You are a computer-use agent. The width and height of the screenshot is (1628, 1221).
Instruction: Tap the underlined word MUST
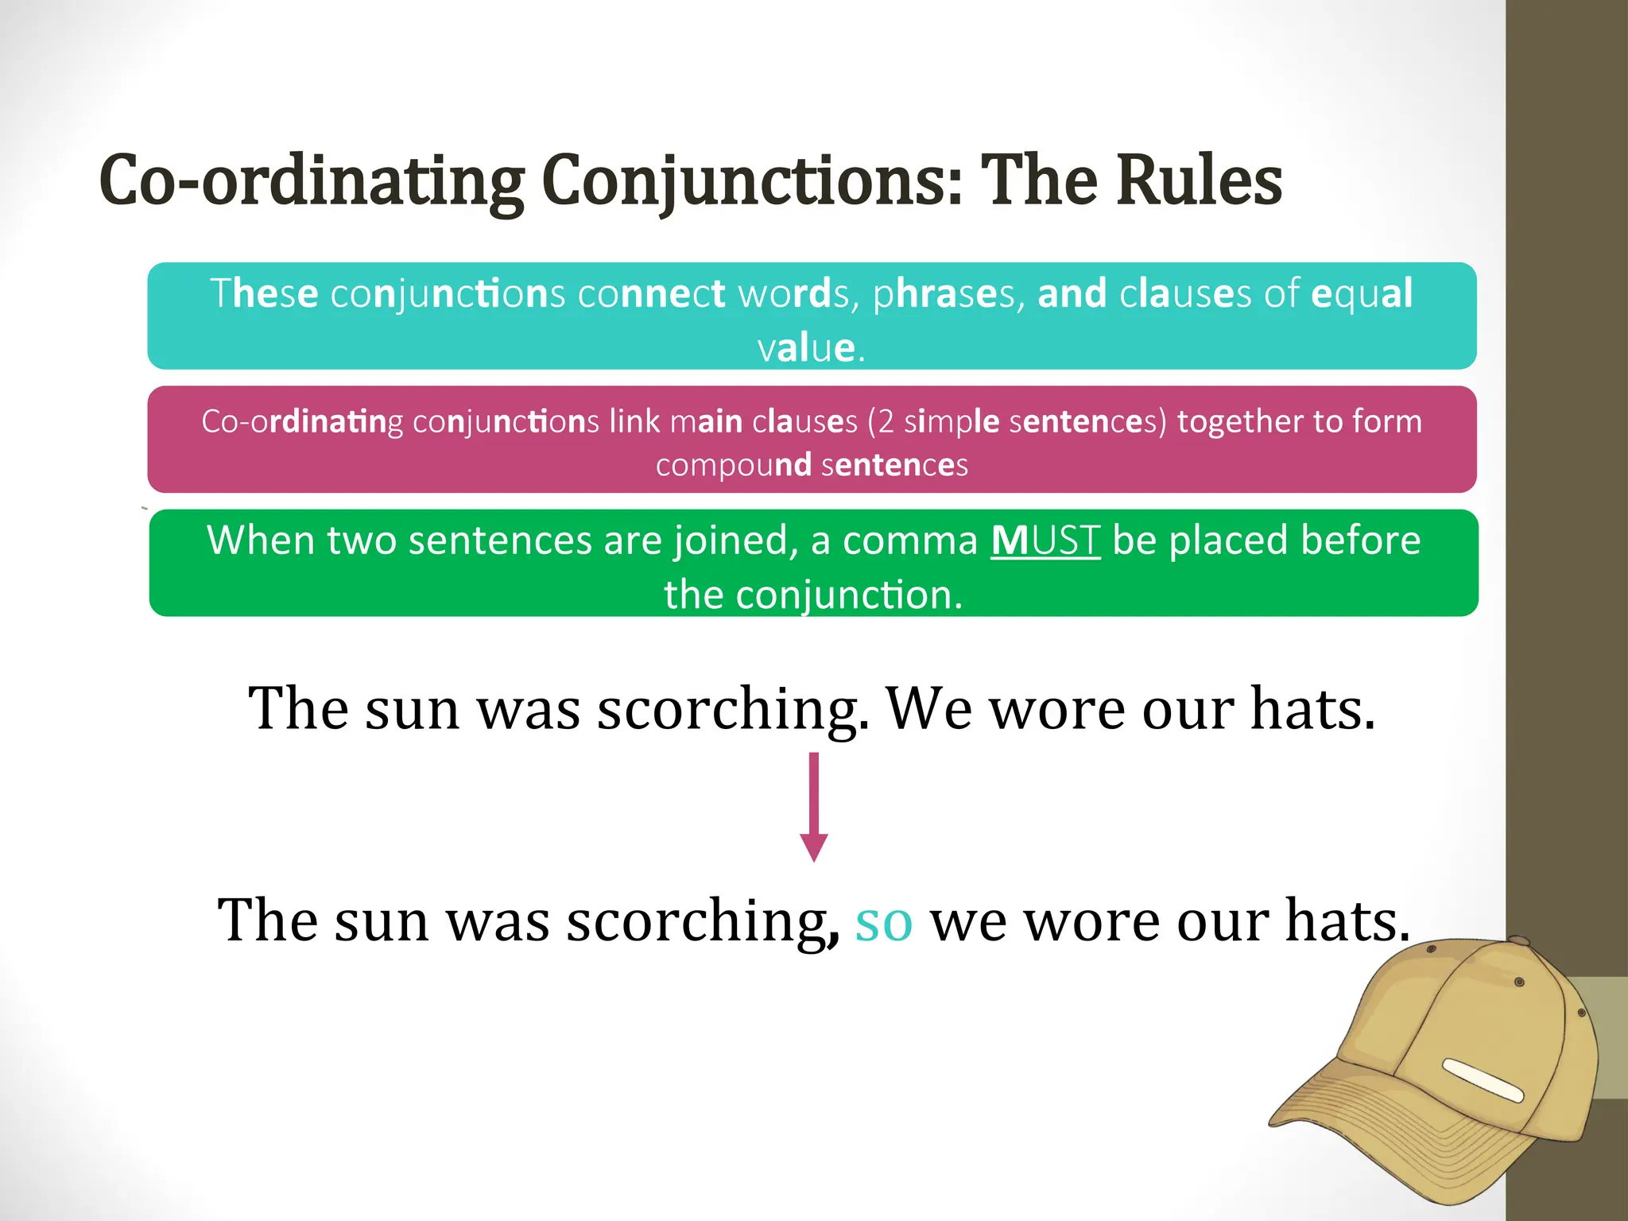1045,541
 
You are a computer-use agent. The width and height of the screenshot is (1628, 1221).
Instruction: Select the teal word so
883,922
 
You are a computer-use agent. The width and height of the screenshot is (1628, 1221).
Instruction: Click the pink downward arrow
813,807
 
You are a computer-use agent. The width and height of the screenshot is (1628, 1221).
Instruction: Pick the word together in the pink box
1239,421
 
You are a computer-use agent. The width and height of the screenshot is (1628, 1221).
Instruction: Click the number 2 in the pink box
885,421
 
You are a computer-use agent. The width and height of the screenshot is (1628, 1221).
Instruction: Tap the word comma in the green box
909,541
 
